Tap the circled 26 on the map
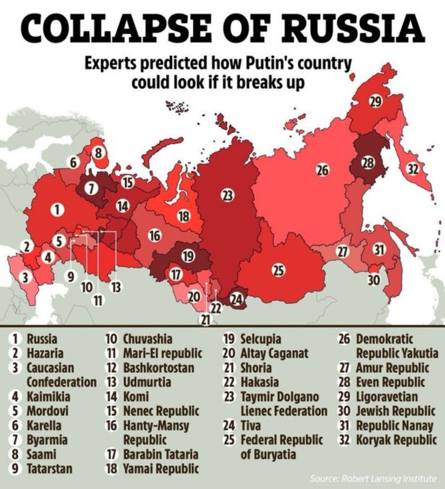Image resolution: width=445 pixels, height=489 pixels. tap(322, 170)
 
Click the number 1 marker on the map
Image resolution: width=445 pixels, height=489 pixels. tap(58, 210)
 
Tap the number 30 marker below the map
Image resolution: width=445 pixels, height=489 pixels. tap(373, 280)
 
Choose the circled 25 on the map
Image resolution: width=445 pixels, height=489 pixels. tap(278, 270)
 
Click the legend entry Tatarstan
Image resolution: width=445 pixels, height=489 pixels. tap(50, 469)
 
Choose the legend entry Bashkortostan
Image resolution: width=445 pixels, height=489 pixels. tap(158, 368)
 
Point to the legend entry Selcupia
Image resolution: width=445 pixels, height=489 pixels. tap(261, 339)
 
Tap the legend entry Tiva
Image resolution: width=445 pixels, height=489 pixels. tap(251, 426)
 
